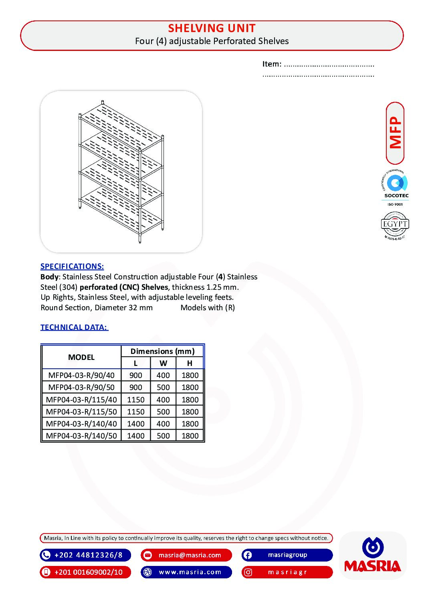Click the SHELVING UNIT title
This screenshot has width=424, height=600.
tap(212, 28)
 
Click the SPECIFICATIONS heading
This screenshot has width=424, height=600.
tap(72, 266)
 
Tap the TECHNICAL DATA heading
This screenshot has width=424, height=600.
tap(74, 327)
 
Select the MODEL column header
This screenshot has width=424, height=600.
tap(81, 357)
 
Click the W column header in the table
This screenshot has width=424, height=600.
tap(163, 363)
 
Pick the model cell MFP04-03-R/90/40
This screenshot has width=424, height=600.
tap(81, 375)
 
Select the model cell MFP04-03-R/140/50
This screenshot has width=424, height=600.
tap(81, 436)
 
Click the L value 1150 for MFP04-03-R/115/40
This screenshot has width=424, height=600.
tap(135, 400)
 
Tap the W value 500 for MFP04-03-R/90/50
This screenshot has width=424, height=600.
tap(163, 387)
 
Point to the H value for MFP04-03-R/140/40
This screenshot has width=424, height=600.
tap(190, 424)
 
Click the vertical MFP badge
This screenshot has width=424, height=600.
tap(395, 133)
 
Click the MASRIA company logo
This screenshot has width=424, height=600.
tap(373, 556)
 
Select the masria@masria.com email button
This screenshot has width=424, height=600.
tap(186, 555)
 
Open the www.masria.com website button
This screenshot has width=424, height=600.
tap(186, 572)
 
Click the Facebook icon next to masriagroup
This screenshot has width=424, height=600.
tap(247, 555)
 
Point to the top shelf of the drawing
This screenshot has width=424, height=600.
tap(120, 124)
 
